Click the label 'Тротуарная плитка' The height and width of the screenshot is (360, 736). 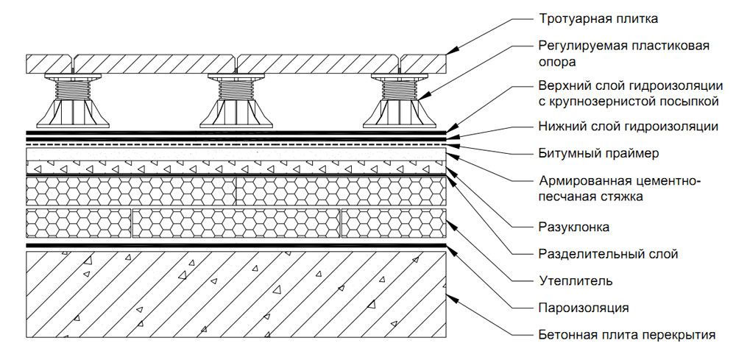coord(597,18)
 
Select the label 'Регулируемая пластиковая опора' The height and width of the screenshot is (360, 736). coord(623,54)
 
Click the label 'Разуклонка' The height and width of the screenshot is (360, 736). coord(573,226)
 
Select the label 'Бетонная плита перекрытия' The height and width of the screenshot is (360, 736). coord(626,335)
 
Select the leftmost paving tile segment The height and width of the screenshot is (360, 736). coord(49,63)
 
